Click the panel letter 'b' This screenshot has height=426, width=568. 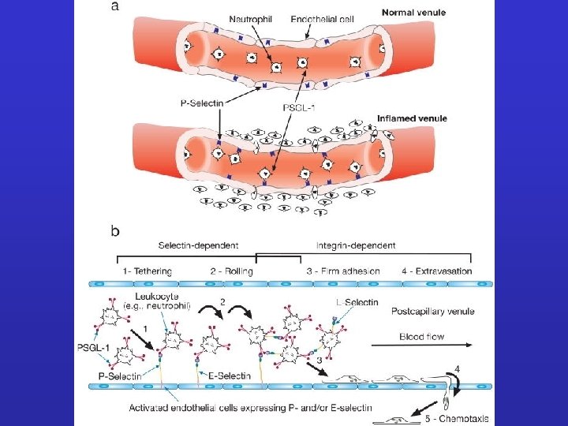pos(116,231)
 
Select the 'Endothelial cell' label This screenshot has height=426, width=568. pos(322,18)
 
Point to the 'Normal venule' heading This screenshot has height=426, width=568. pos(413,13)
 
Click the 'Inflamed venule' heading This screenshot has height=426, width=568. pos(412,118)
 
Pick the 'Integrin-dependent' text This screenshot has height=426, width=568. pos(356,245)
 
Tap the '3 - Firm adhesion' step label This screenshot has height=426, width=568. pos(343,271)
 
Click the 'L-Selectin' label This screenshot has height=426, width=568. pos(357,302)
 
